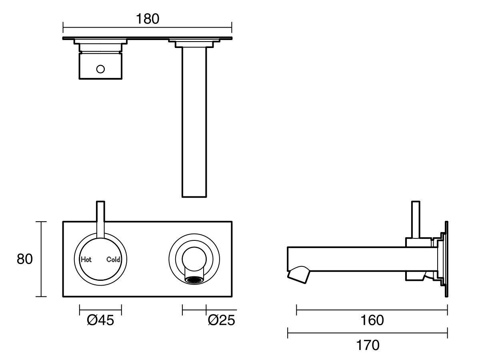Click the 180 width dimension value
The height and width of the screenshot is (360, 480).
tap(147, 19)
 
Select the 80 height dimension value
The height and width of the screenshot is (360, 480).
tap(25, 259)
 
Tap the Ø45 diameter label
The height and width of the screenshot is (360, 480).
tap(100, 320)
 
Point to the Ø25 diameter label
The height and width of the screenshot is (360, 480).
tap(221, 320)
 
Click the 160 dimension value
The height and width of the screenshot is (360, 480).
tap(372, 320)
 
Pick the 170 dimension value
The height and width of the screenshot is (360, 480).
tap(368, 344)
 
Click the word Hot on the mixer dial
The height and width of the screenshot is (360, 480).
tap(86, 260)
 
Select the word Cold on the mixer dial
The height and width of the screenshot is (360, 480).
tap(113, 260)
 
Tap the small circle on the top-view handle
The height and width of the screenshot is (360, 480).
tap(100, 69)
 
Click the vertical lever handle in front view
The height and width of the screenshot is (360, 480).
tap(101, 218)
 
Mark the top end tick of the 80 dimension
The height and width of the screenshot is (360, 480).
tap(41, 222)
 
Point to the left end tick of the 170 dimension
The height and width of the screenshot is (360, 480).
tap(288, 332)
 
